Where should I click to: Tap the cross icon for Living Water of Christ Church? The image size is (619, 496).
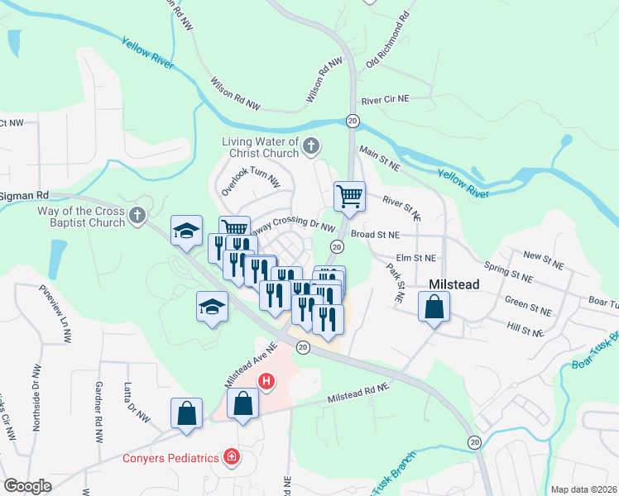[x=311, y=147]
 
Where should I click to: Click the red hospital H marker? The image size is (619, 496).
[x=266, y=381]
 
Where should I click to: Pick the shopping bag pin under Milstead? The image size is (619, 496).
[x=434, y=308]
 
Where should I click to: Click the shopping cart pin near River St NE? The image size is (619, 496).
[x=349, y=197]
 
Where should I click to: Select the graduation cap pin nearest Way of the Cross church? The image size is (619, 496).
[x=186, y=231]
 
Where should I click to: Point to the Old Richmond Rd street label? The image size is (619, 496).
[x=388, y=41]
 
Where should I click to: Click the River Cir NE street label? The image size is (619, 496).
[x=386, y=98]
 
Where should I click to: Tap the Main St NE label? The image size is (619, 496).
[x=379, y=160]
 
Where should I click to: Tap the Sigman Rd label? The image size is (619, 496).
[x=25, y=195]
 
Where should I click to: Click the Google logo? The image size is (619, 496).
[x=27, y=486]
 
